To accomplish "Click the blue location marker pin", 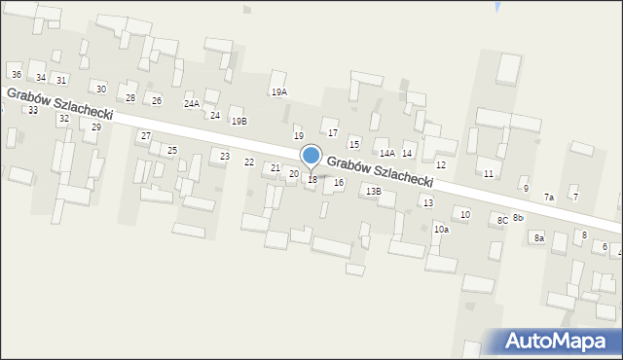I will coord(311,157).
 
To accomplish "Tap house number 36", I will coord(16,74).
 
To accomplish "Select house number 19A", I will coord(279,91).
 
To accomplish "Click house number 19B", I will coord(238,121).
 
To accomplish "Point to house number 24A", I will coord(192,103).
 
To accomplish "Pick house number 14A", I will coord(387,153).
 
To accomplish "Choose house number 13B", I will coord(374,192).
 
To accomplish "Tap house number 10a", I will coord(441,230).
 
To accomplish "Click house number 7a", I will coord(549,198).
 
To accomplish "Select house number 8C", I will coord(502,221).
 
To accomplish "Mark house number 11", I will coord(489,173).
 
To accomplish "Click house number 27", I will coord(145,135).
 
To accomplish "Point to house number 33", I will coord(33,110).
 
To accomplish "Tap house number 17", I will coord(333,132).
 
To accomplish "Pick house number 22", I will coord(249,162).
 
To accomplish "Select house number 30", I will coord(100,89).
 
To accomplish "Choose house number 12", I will coord(441,165).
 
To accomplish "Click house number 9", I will coord(526,188).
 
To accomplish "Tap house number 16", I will coord(339,182).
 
